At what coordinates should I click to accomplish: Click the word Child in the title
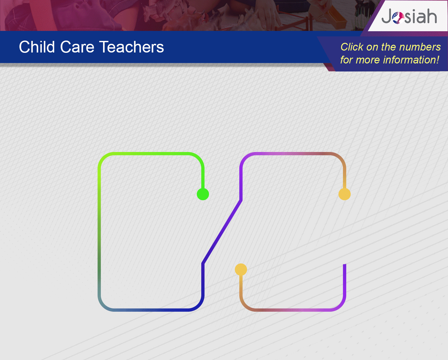[37, 47]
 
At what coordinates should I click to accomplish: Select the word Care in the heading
[77, 47]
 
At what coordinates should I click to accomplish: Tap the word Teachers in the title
[131, 47]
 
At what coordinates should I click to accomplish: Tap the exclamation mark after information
[438, 60]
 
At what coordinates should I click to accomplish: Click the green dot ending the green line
[203, 194]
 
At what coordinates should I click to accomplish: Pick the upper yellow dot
[345, 194]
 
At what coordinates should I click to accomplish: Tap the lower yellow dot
[241, 270]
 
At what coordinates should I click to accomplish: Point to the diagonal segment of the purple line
[222, 232]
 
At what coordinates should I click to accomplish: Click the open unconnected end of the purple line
[345, 264]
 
